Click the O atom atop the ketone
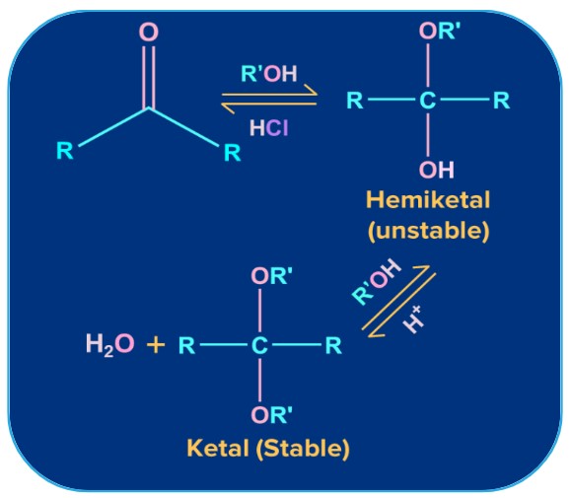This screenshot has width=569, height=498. pyautogui.click(x=148, y=33)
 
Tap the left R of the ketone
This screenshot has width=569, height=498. pyautogui.click(x=65, y=152)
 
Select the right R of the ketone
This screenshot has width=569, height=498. pyautogui.click(x=232, y=153)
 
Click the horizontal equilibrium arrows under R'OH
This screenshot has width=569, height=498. pyautogui.click(x=269, y=99)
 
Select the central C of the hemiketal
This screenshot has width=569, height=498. pyautogui.click(x=426, y=101)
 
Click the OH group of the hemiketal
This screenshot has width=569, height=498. pyautogui.click(x=436, y=169)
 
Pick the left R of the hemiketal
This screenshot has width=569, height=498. pyautogui.click(x=354, y=101)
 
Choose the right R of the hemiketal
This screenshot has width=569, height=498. pyautogui.click(x=501, y=101)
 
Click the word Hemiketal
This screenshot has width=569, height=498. pyautogui.click(x=427, y=201)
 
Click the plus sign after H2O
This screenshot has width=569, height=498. pyautogui.click(x=155, y=346)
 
